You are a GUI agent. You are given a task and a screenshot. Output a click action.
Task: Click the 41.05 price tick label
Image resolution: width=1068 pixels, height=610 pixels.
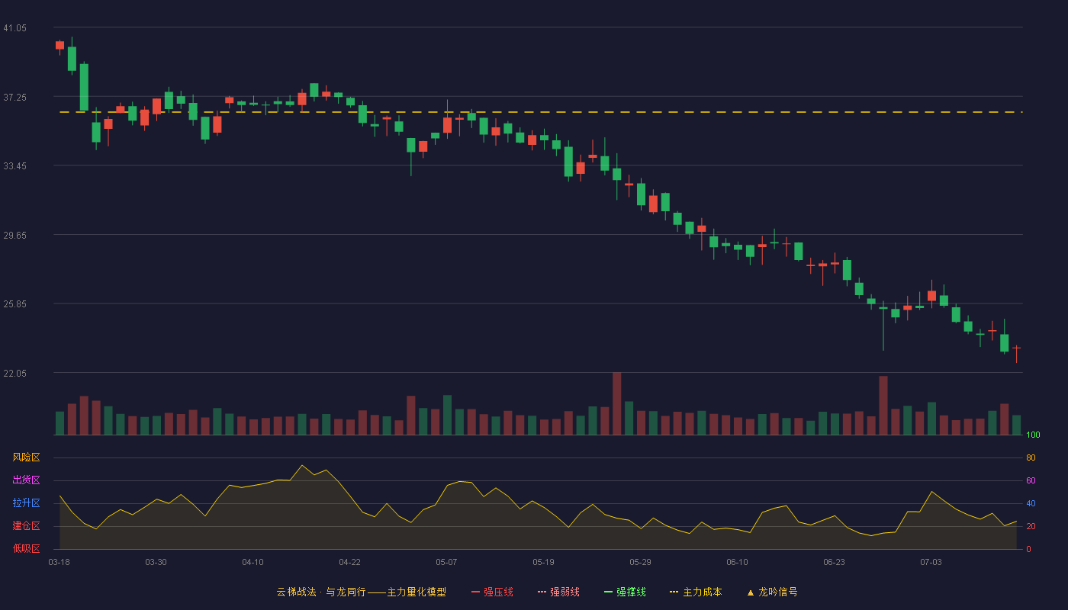(x=14, y=28)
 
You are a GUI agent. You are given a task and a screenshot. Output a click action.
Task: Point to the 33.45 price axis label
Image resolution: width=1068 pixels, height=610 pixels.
(x=14, y=166)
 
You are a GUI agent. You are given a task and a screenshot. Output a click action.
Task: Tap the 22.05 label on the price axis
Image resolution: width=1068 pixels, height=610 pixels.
(x=14, y=374)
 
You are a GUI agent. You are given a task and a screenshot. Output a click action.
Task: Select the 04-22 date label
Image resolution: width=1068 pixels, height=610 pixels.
(x=349, y=563)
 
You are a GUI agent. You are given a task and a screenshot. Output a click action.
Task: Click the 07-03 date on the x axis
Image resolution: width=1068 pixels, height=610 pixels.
(x=931, y=563)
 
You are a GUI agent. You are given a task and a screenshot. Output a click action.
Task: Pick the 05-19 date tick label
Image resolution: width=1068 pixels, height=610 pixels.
(x=543, y=563)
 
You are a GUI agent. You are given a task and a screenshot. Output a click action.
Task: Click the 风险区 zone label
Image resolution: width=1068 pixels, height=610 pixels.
(x=26, y=457)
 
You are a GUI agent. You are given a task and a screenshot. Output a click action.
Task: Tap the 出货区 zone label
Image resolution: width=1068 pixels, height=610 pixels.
(x=26, y=480)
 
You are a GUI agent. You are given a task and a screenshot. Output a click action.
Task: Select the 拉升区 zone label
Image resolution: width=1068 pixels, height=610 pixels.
(x=26, y=502)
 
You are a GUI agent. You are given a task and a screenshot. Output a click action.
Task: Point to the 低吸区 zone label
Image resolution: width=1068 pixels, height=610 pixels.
(x=26, y=548)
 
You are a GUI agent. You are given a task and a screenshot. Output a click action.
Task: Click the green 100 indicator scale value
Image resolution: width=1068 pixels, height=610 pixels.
(x=1033, y=435)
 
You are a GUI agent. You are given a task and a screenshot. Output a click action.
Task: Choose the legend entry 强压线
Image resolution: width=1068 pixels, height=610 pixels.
(x=492, y=592)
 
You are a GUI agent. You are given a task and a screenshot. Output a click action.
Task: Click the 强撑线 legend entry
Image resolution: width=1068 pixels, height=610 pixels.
(x=625, y=592)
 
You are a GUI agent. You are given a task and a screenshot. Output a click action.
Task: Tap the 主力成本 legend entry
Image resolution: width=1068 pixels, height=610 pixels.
(x=696, y=592)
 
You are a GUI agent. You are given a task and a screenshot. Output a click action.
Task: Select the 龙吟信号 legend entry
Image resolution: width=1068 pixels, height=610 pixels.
(x=772, y=592)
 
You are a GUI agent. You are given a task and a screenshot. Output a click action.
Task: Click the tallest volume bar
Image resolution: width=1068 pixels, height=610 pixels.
(x=617, y=403)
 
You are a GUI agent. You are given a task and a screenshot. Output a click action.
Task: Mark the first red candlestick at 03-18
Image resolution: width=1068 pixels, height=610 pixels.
(x=60, y=46)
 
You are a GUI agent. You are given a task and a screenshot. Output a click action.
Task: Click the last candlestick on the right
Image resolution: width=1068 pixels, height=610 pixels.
(x=1016, y=354)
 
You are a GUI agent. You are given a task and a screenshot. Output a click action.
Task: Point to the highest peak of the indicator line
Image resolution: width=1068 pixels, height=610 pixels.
(x=302, y=465)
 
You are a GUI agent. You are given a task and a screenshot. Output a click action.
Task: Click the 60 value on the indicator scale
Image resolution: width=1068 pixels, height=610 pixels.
(x=1031, y=480)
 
